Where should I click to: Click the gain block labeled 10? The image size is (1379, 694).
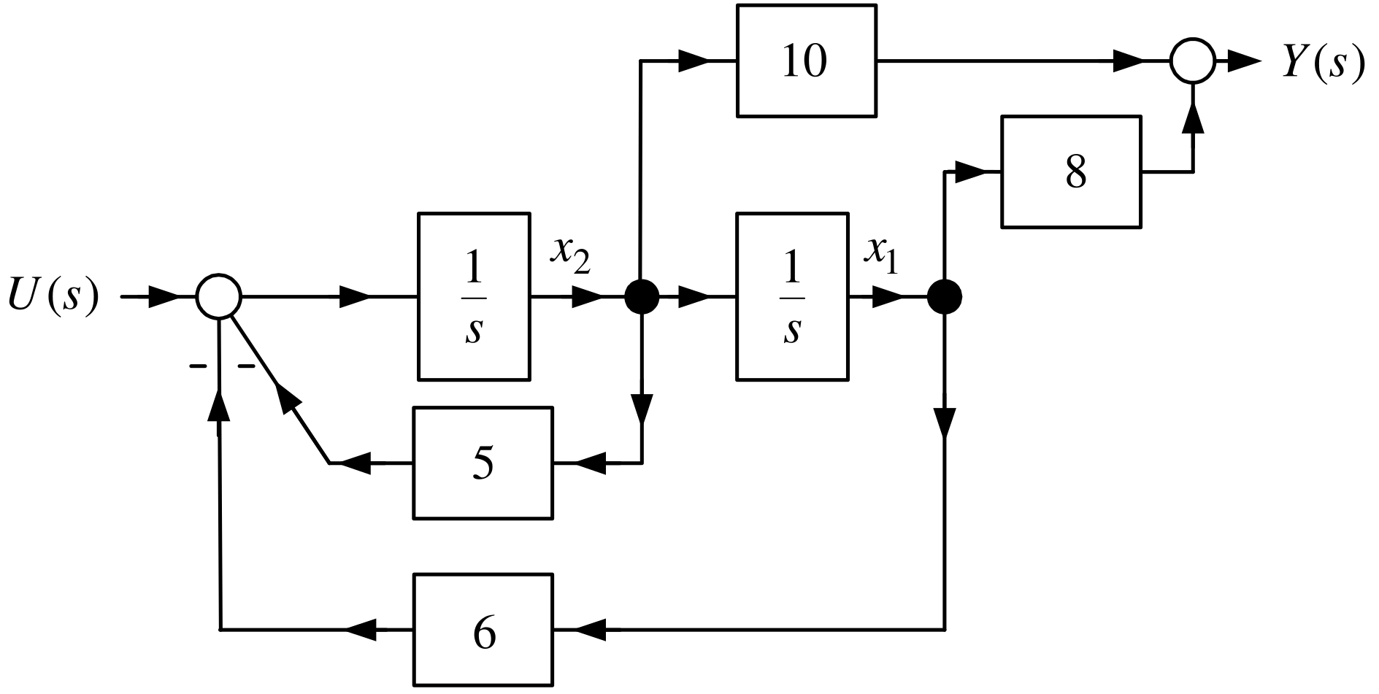(807, 61)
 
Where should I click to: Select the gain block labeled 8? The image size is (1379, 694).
(1072, 171)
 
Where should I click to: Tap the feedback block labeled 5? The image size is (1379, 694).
(483, 463)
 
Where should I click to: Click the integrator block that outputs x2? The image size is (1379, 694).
(474, 296)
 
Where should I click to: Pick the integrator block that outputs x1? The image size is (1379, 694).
(792, 296)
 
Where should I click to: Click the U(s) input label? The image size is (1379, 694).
(53, 296)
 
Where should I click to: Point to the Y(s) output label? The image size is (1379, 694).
(1323, 61)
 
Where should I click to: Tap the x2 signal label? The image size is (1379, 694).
(570, 255)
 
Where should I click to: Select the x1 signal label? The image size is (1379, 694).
(880, 255)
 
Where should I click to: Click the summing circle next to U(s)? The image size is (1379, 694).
(218, 297)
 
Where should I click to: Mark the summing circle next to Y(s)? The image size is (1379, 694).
(1193, 61)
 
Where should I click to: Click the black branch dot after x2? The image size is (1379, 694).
(642, 297)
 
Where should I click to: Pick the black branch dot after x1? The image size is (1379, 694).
(945, 297)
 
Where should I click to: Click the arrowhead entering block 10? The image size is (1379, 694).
(694, 61)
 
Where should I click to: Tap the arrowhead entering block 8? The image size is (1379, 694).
(970, 172)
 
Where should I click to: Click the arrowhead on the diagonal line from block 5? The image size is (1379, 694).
(289, 399)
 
